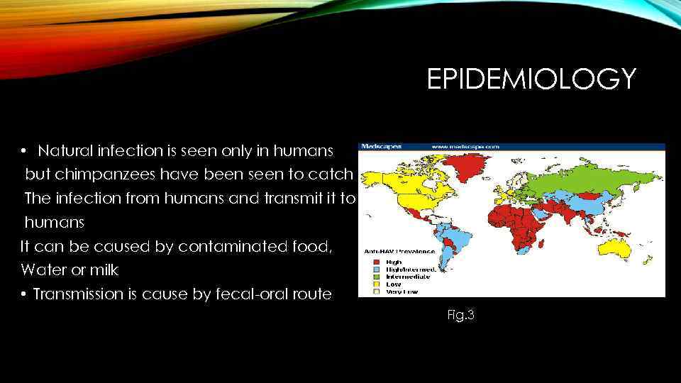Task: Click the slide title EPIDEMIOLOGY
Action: (x=531, y=79)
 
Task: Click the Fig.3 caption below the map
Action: (x=460, y=315)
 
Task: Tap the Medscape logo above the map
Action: (x=382, y=146)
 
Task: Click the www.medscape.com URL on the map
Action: (x=465, y=146)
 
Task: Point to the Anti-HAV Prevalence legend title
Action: (x=399, y=251)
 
